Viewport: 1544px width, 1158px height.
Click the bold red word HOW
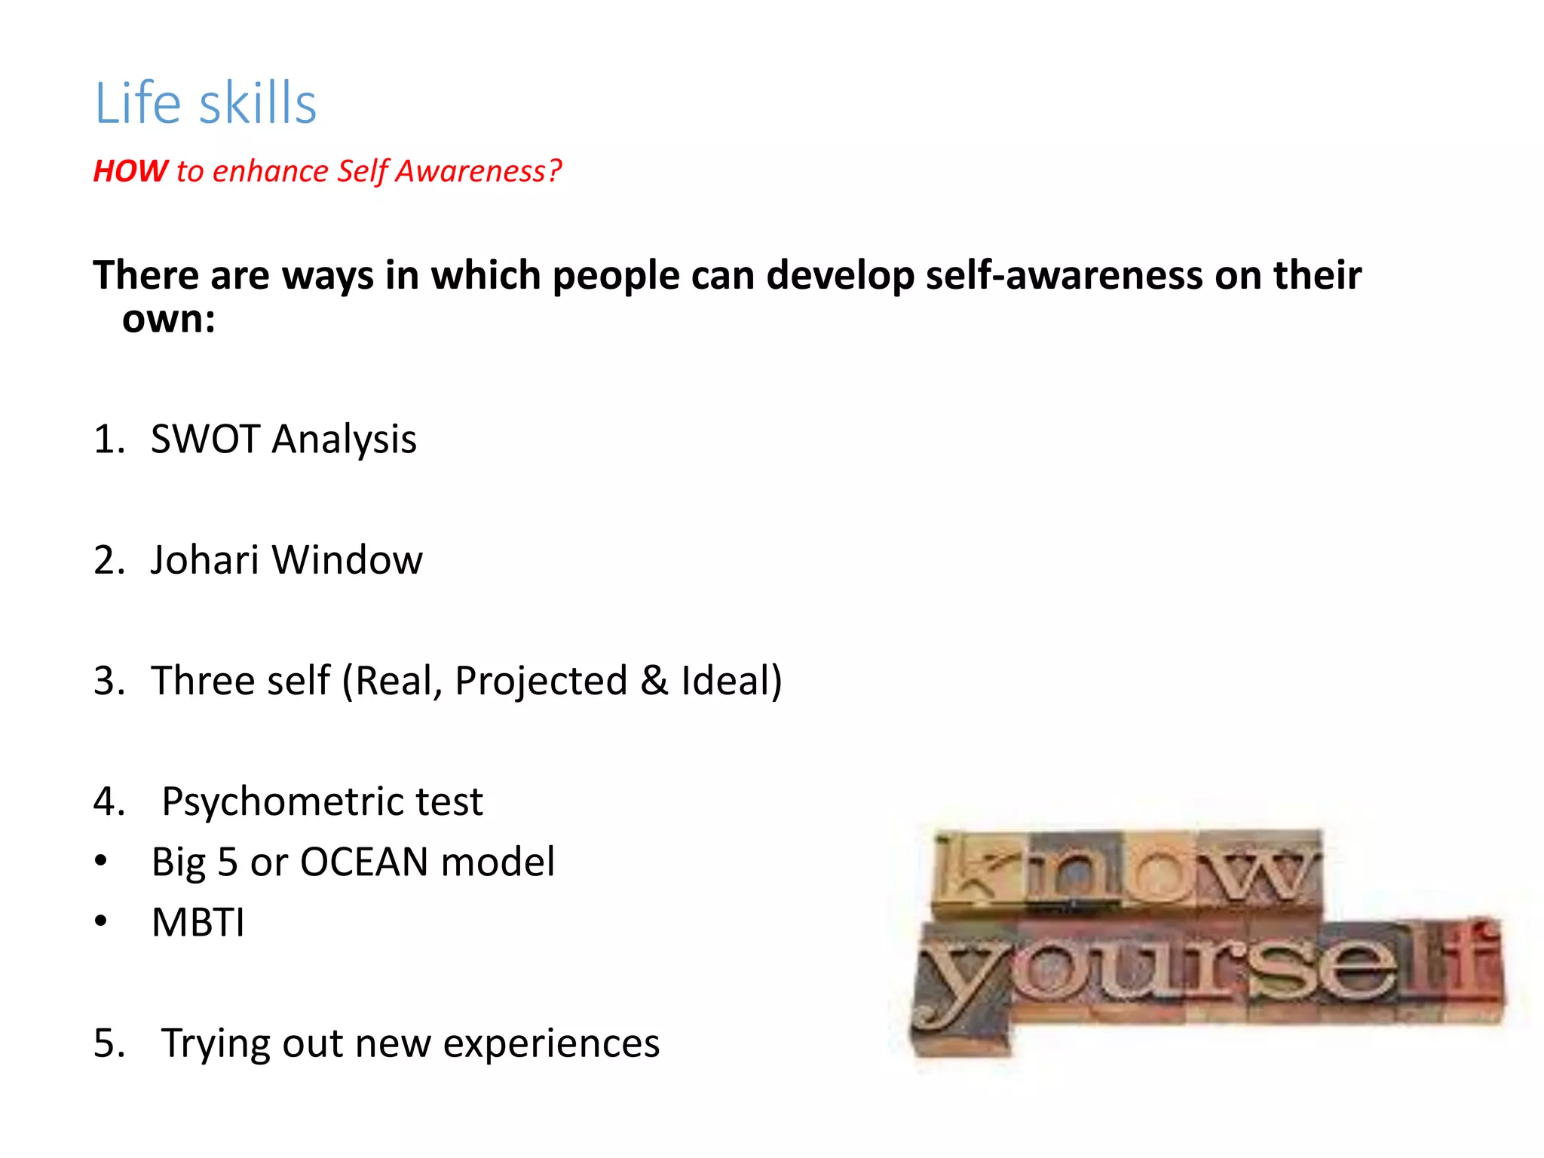(x=130, y=171)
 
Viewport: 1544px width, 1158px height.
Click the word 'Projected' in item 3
(x=541, y=681)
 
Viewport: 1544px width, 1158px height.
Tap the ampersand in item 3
(x=654, y=681)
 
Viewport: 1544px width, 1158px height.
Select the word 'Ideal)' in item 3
(x=731, y=681)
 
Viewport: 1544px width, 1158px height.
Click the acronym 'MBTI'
(x=198, y=923)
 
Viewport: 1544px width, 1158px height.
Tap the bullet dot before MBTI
(x=101, y=922)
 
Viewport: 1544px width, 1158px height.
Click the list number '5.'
(x=109, y=1043)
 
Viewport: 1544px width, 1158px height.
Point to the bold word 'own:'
(x=169, y=319)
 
